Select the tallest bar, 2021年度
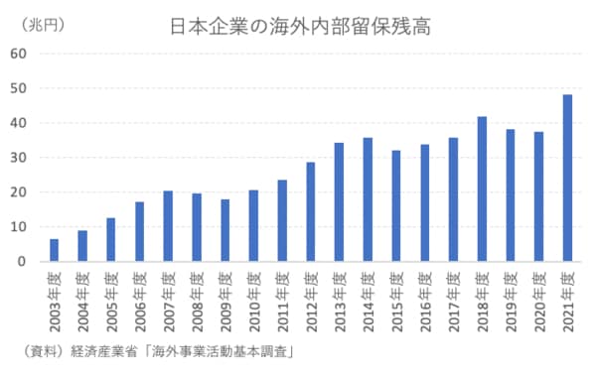click(567, 179)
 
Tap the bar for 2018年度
click(482, 189)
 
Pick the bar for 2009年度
click(224, 230)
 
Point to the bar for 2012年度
click(310, 212)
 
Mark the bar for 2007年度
click(168, 226)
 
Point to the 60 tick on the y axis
click(18, 54)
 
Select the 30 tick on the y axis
click(18, 158)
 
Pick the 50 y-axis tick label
click(18, 88)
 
